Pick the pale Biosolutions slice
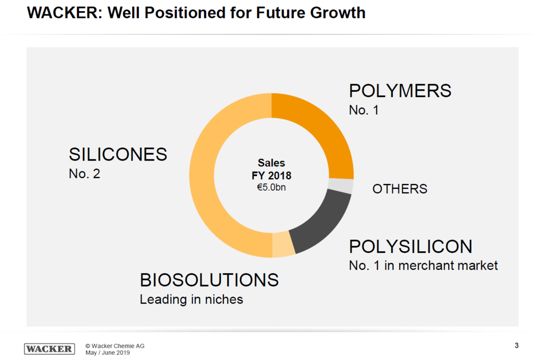(x=283, y=245)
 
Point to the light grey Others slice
(x=341, y=186)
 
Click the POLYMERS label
(x=400, y=91)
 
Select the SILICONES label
(x=118, y=155)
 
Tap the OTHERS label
(x=400, y=189)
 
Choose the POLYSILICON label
(x=410, y=246)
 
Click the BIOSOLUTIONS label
(x=209, y=280)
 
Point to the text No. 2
(x=84, y=174)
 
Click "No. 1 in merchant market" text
(x=423, y=266)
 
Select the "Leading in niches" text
(x=191, y=299)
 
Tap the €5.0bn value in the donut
(x=271, y=188)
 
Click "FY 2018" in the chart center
(x=271, y=175)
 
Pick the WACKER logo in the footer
(x=49, y=349)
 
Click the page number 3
(x=516, y=346)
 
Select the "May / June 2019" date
(x=108, y=353)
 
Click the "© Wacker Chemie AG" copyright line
(x=115, y=346)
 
